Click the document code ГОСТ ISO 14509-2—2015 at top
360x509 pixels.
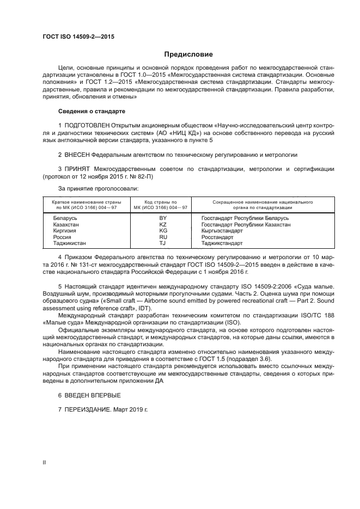(x=77, y=37)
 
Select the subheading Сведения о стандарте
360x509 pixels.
(x=92, y=111)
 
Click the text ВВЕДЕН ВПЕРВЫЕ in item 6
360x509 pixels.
(x=93, y=395)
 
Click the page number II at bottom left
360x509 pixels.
(x=45, y=462)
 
